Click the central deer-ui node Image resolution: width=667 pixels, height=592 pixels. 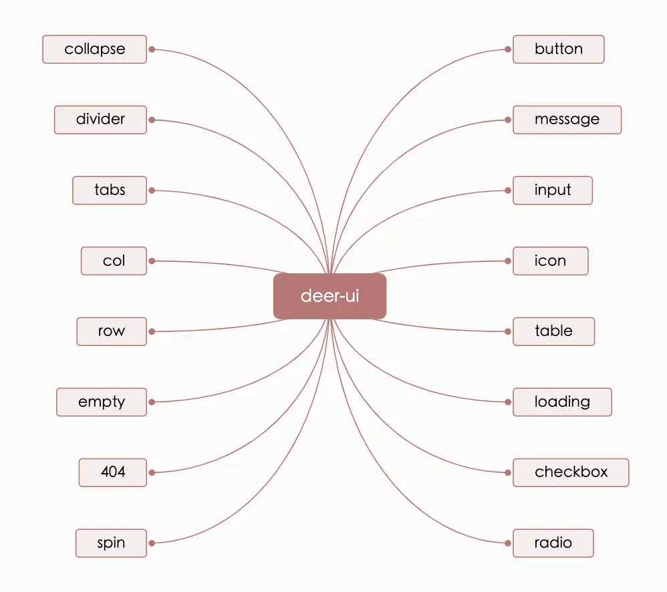[329, 296]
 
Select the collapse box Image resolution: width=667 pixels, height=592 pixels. [94, 49]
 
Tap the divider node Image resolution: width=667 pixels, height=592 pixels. [100, 120]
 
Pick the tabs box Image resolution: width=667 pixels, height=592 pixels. [110, 190]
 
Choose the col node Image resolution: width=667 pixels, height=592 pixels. [114, 261]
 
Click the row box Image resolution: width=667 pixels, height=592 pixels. [112, 331]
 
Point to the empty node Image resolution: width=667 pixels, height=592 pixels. [102, 402]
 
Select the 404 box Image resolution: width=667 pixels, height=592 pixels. [113, 472]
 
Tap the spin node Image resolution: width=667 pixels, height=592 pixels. [111, 543]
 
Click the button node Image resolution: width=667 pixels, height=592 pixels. [558, 49]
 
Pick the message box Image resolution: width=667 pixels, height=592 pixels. [567, 120]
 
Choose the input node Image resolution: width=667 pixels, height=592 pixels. [553, 190]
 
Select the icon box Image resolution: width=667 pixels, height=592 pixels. [550, 261]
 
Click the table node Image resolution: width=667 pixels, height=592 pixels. [553, 331]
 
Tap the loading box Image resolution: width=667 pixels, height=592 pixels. [562, 402]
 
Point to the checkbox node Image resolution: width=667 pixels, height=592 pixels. [571, 472]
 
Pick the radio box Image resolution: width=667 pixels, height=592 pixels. [553, 543]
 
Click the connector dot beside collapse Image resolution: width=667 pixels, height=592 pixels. [152, 49]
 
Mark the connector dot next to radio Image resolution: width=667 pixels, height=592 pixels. [508, 543]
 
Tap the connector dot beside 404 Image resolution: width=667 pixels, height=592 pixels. [152, 472]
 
